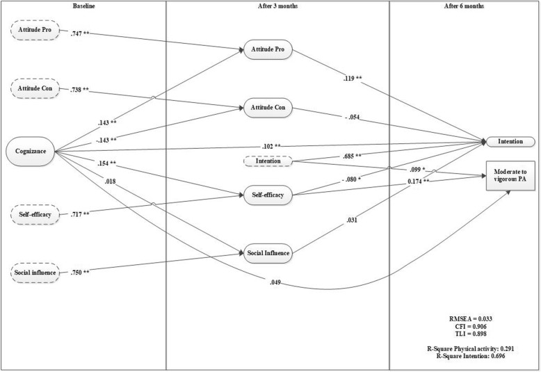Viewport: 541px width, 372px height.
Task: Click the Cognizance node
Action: (29, 148)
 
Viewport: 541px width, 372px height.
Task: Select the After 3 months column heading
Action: (277, 6)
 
